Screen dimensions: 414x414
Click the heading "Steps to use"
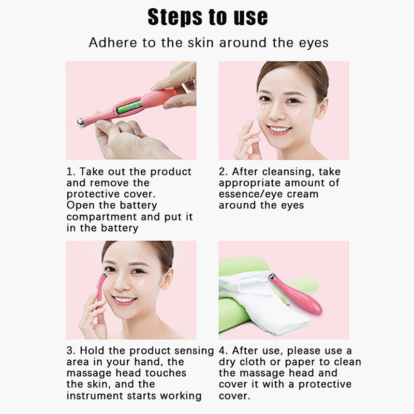tap(208, 17)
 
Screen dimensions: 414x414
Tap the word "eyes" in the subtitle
tap(314, 43)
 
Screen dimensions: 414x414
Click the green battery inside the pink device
tap(129, 107)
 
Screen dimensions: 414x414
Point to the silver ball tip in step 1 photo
tap(81, 123)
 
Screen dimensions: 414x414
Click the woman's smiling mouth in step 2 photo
tap(279, 130)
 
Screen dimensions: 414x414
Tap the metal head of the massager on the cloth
tap(271, 277)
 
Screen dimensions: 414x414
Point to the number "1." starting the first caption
tap(71, 172)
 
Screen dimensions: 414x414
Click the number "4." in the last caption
tap(224, 351)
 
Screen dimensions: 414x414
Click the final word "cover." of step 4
tap(234, 396)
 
